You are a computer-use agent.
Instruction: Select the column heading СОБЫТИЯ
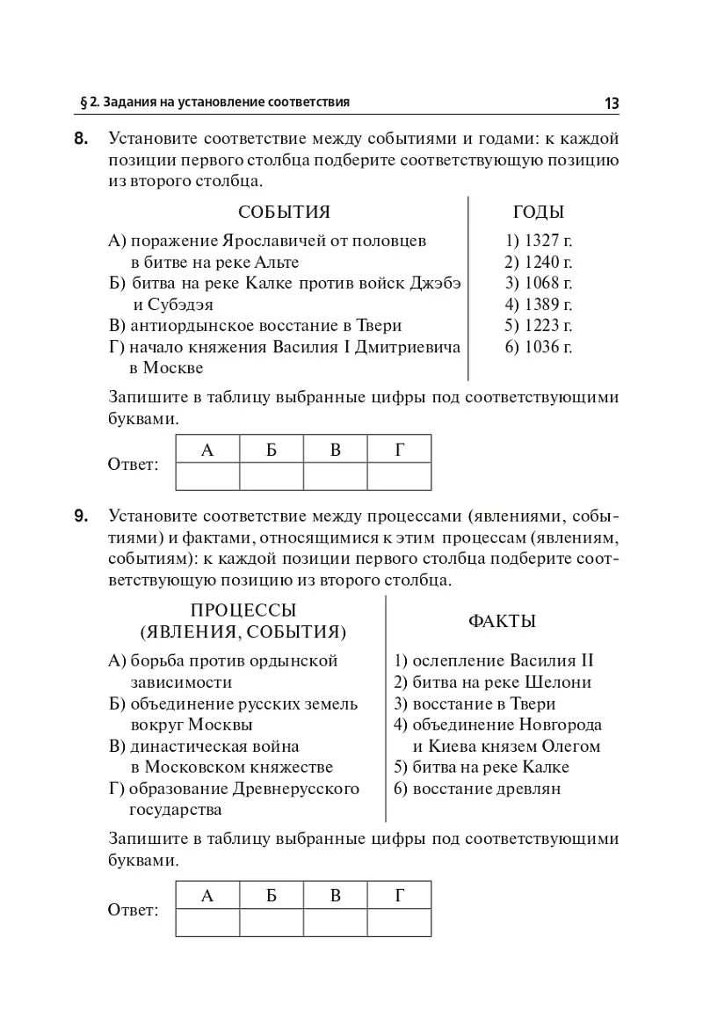coord(284,213)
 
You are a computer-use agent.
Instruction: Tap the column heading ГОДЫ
coord(538,213)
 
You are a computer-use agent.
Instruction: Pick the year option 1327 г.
coord(539,240)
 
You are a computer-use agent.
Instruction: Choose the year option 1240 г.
coord(539,262)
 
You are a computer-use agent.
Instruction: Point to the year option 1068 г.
coord(539,283)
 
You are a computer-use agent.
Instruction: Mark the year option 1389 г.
coord(539,305)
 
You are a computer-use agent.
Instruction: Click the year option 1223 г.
coord(539,326)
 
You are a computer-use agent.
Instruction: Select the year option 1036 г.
coord(539,348)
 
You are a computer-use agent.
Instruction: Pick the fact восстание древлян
coord(477,789)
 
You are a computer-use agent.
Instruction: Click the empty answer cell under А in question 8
coord(207,477)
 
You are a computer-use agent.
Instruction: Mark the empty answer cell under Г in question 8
coord(399,477)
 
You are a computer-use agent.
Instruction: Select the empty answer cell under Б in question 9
coord(272,922)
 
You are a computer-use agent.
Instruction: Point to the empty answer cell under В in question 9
coord(335,922)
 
